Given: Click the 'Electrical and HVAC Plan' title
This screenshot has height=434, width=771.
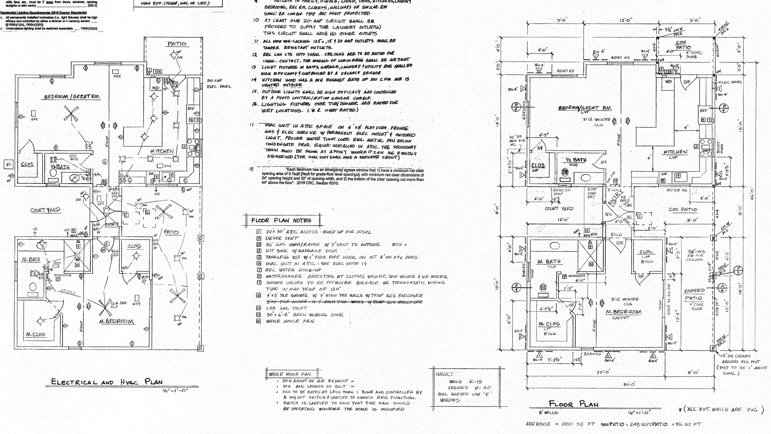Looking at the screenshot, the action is pyautogui.click(x=107, y=382).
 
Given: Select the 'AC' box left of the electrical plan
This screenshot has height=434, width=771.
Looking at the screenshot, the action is pyautogui.click(x=8, y=164).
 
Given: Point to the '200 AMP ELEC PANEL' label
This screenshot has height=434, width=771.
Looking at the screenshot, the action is pyautogui.click(x=219, y=84).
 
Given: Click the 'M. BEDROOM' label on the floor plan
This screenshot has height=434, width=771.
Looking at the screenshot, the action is pyautogui.click(x=621, y=312).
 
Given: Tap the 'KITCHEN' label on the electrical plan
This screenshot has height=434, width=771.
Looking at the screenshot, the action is pyautogui.click(x=162, y=151).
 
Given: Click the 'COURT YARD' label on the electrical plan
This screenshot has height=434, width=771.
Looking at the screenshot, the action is pyautogui.click(x=45, y=210).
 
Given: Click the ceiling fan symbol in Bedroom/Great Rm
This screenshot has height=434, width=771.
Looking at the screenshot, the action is pyautogui.click(x=71, y=114).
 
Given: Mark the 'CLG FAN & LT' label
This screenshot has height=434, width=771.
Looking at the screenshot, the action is pyautogui.click(x=118, y=305).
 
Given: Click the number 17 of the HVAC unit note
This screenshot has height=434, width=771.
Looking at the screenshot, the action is pyautogui.click(x=252, y=125).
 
